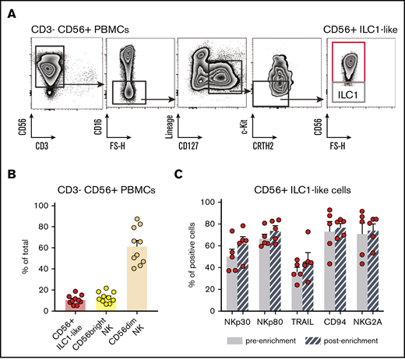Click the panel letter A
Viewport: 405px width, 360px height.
coord(9,9)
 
